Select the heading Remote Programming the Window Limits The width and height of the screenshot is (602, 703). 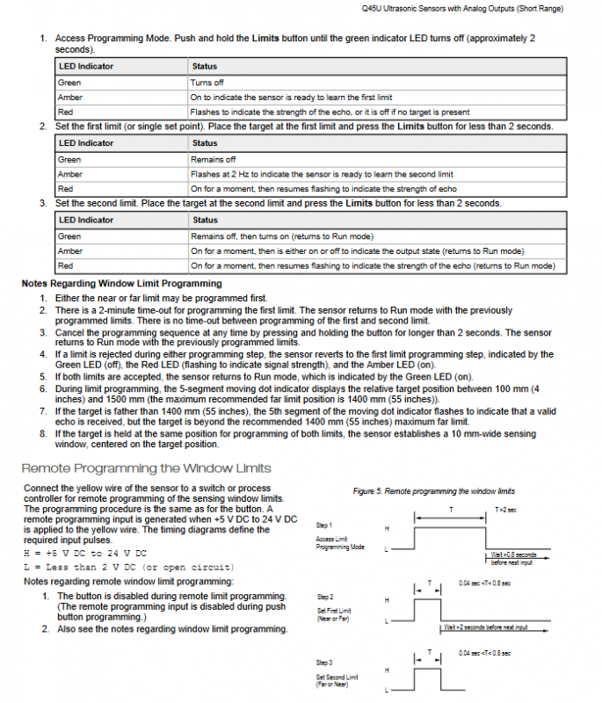click(146, 468)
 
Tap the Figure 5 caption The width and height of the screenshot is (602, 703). click(433, 491)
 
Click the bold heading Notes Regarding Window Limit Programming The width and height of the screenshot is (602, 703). click(121, 284)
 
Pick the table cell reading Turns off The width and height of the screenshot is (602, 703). click(207, 83)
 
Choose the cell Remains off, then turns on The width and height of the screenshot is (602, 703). click(282, 236)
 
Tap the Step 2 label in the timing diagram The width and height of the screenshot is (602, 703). click(323, 598)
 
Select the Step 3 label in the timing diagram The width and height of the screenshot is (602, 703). click(323, 662)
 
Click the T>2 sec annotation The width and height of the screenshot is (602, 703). click(507, 510)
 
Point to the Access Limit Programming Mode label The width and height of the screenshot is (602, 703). click(339, 543)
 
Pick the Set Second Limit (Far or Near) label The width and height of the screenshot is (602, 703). click(337, 681)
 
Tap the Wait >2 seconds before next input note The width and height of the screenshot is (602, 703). click(485, 627)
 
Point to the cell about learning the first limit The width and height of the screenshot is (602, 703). click(291, 98)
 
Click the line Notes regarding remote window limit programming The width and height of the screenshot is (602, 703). click(128, 582)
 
